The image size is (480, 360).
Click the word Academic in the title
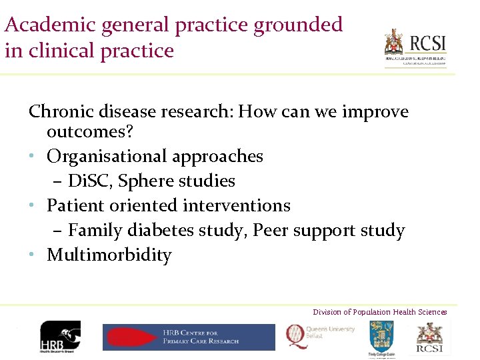(49, 25)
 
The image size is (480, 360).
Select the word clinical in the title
(59, 51)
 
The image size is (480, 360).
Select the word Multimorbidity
(109, 255)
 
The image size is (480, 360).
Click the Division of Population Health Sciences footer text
(380, 312)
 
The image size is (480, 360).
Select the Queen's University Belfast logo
(321, 335)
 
